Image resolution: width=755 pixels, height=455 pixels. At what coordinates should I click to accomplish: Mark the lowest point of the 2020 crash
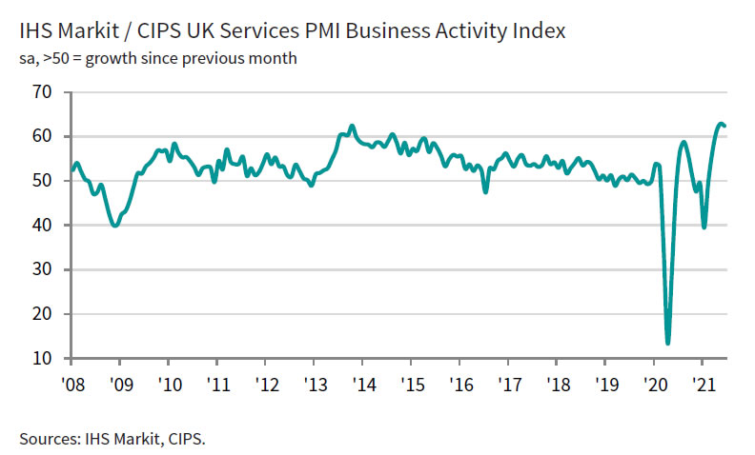(667, 343)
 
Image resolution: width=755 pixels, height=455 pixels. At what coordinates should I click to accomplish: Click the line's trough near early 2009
(115, 226)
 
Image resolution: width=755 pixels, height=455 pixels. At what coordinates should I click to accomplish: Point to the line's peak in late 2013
(353, 126)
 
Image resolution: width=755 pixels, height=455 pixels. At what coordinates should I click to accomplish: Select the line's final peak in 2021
(722, 124)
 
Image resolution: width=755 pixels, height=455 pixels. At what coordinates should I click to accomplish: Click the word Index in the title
(539, 31)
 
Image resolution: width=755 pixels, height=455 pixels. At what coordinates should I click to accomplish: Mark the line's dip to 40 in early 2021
(704, 227)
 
